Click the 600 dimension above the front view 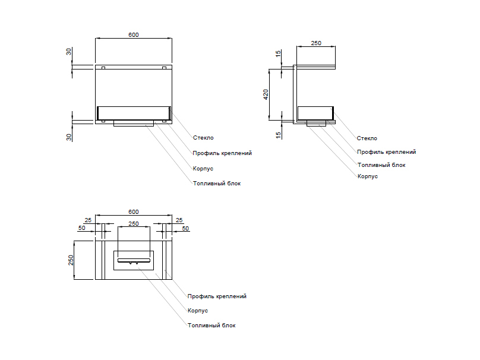134,35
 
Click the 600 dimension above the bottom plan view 134,212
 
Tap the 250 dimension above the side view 317,43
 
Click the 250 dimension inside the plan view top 134,224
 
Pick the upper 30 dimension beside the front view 69,52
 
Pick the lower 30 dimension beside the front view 69,137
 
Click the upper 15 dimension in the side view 278,53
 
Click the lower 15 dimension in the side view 278,135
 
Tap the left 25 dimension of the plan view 88,220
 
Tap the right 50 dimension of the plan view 185,229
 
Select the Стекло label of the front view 203,138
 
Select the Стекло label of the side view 367,138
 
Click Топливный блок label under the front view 217,184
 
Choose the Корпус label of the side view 368,176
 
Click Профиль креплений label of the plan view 217,296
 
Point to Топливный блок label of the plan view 211,326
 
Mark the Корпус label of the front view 203,169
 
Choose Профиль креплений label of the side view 386,152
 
